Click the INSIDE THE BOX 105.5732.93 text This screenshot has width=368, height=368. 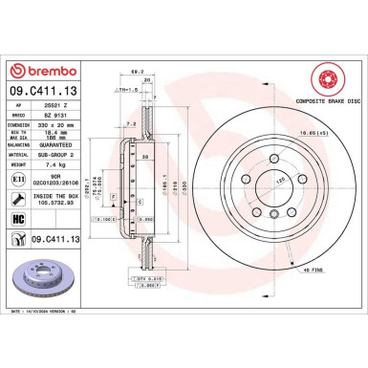click(x=64, y=199)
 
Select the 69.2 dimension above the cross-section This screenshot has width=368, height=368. click(x=137, y=72)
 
